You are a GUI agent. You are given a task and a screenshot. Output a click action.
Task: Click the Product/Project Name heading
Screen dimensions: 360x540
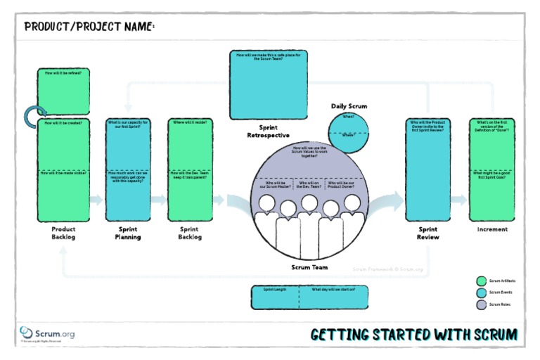coord(89,27)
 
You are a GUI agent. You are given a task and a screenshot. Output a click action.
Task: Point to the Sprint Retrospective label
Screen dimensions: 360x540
coord(269,131)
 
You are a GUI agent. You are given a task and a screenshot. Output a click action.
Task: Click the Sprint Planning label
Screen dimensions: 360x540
coord(127,233)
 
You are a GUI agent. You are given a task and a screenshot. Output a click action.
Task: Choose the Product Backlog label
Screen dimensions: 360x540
coord(63,233)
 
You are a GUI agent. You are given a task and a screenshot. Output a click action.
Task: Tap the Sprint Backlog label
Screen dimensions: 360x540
coord(189,233)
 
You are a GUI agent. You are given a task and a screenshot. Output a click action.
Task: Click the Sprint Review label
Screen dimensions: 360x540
coord(428,233)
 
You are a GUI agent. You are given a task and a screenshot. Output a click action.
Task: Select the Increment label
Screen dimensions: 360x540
coord(492,229)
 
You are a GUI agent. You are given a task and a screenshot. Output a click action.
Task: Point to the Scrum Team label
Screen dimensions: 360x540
coord(309,267)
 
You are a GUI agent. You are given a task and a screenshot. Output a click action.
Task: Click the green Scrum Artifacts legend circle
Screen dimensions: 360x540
coord(481,281)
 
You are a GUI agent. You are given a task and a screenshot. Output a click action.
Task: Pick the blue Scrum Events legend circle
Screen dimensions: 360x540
coord(481,292)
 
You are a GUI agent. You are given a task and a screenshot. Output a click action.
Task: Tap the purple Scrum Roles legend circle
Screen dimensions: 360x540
coord(481,304)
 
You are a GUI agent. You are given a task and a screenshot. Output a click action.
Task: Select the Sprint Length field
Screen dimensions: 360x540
coord(276,297)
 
